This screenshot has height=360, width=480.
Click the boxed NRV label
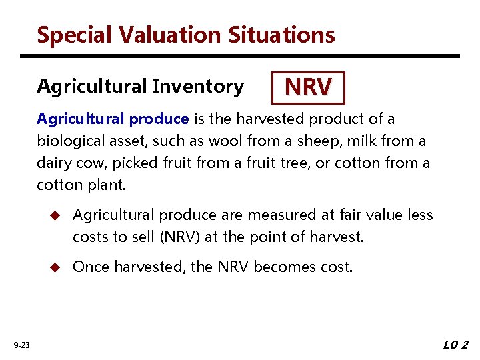pos(308,87)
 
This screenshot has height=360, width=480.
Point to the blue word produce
pos(159,119)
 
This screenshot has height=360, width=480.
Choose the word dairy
pos(54,163)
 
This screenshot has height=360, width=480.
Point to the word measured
pos(280,215)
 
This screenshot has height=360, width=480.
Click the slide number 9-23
pos(21,345)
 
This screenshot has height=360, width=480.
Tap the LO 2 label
pos(455,345)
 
